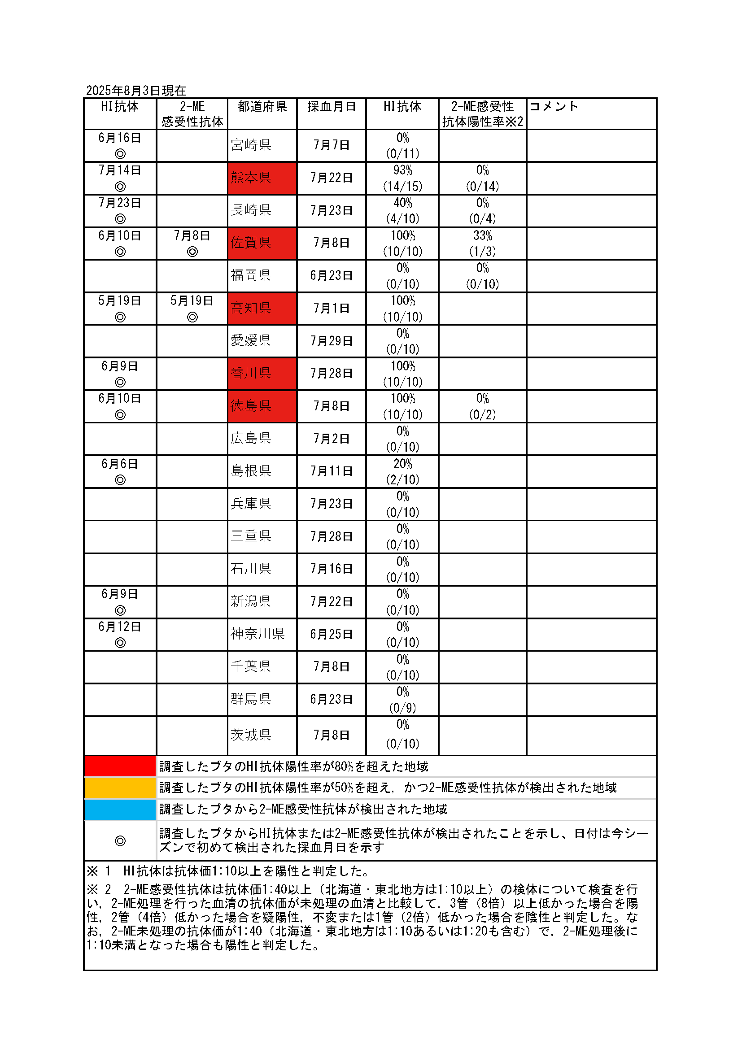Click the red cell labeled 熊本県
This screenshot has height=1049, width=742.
pyautogui.click(x=262, y=178)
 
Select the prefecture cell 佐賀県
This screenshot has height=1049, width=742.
pyautogui.click(x=262, y=243)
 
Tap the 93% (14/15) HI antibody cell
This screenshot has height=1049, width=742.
pyautogui.click(x=402, y=178)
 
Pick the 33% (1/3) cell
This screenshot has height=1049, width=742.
pyautogui.click(x=482, y=243)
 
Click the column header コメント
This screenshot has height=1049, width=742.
pyautogui.click(x=554, y=107)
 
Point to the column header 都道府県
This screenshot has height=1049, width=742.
pyautogui.click(x=262, y=107)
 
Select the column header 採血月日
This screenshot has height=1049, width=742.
pyautogui.click(x=331, y=107)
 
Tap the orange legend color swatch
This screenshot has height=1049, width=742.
pyautogui.click(x=120, y=788)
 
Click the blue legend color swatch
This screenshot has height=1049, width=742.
pyautogui.click(x=120, y=809)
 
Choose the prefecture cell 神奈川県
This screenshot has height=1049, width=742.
pyautogui.click(x=258, y=634)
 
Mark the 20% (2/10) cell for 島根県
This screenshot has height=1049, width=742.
pyautogui.click(x=402, y=471)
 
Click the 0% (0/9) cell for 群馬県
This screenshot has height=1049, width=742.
pyautogui.click(x=402, y=700)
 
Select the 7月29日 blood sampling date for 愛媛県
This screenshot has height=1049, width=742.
pyautogui.click(x=331, y=341)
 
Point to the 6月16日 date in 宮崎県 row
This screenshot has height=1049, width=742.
pyautogui.click(x=120, y=138)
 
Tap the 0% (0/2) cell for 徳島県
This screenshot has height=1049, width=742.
pyautogui.click(x=482, y=406)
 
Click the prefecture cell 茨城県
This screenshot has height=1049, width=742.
pyautogui.click(x=251, y=735)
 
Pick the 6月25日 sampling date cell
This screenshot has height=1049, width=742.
pyautogui.click(x=331, y=634)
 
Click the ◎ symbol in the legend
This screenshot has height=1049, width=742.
pyautogui.click(x=120, y=840)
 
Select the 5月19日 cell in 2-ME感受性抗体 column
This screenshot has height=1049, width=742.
pyautogui.click(x=192, y=301)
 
